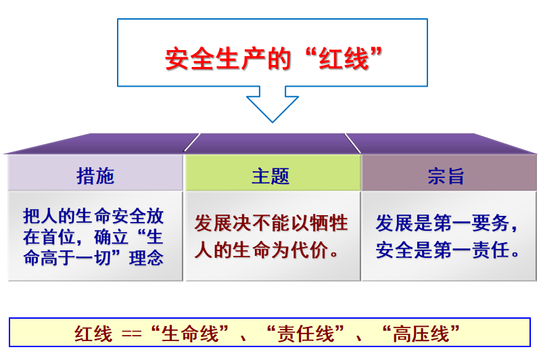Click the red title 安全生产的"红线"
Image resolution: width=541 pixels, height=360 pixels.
coord(274,59)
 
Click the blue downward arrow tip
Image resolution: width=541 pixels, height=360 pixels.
coord(273,122)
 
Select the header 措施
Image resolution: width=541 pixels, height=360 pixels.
coord(95,176)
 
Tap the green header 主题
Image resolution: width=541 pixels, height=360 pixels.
coord(270,176)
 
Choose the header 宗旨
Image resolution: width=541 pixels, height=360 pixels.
coord(446,176)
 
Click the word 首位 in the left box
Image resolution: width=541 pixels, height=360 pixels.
coord(58,237)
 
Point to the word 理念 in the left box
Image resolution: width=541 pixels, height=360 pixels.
coord(146,258)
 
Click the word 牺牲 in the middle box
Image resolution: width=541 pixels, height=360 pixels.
coord(329,223)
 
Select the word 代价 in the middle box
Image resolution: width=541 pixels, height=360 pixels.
coord(310,250)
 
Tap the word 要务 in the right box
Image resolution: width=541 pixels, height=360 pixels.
coord(490,223)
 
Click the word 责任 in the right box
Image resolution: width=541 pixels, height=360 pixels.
coord(491,250)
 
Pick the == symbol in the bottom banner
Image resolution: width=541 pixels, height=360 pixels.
coord(131,334)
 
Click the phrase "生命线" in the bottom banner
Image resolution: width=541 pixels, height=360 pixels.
coord(190,334)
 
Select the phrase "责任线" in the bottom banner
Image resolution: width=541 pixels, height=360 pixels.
coord(306,334)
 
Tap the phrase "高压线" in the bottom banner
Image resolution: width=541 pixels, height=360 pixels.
coord(421,334)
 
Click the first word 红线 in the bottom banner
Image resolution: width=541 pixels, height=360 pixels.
coord(93,334)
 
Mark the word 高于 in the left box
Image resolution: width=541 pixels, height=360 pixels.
coord(58,258)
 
